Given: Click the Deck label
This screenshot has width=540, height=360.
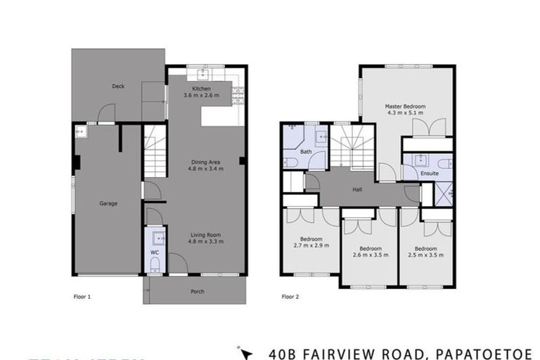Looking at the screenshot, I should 118,86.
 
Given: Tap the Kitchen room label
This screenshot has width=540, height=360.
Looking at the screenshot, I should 201,89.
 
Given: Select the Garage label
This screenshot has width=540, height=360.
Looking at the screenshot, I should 108,204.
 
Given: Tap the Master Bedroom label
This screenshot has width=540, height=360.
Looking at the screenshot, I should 405,107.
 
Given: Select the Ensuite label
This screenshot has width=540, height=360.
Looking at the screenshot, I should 429,173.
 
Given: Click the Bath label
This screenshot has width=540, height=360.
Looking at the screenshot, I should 306,151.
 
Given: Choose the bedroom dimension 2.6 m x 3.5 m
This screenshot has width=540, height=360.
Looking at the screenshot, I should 370,252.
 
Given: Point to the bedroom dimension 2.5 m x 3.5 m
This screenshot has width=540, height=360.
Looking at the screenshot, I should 425,252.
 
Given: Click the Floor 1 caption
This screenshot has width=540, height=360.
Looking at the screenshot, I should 82,297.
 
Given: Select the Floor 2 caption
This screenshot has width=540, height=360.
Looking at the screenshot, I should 290,297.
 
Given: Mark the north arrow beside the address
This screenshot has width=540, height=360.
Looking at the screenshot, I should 245,350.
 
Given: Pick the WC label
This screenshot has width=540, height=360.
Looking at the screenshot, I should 155,252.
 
